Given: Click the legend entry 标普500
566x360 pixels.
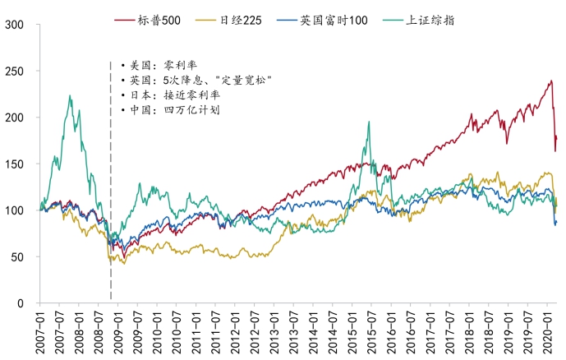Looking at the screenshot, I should coord(162,19).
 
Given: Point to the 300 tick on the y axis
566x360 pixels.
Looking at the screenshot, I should coord(16,25).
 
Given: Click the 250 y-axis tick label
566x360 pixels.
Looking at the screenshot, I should coord(16,72).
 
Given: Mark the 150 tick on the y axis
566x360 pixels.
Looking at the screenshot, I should coord(16,164).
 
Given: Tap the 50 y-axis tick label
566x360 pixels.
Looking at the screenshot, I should coord(21,257).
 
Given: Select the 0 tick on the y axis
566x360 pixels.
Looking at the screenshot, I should coord(24,303).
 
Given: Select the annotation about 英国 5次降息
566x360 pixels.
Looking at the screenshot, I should coord(196,80).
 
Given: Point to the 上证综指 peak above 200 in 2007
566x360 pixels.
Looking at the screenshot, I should coord(70,96).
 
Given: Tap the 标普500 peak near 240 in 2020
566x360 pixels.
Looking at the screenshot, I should coord(550,81).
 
